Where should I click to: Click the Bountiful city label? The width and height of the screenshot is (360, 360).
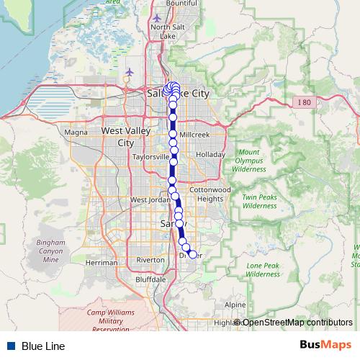181,4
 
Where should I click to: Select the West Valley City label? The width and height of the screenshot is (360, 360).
117,137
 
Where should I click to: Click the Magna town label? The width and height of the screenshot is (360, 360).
76,132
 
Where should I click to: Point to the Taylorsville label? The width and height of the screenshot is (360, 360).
150,156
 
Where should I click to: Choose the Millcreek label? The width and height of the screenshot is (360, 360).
194,135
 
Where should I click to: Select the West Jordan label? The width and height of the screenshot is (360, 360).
148,199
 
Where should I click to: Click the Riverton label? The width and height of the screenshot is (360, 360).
150,260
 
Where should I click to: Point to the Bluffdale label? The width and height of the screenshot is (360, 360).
150,279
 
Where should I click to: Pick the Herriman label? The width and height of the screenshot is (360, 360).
101,263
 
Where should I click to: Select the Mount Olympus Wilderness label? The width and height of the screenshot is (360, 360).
249,161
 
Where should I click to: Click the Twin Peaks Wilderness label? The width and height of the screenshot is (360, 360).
259,201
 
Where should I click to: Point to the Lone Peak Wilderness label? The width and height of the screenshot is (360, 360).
263,269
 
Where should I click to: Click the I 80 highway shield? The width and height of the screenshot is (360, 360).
305,103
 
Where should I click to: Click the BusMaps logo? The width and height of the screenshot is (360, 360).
325,346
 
